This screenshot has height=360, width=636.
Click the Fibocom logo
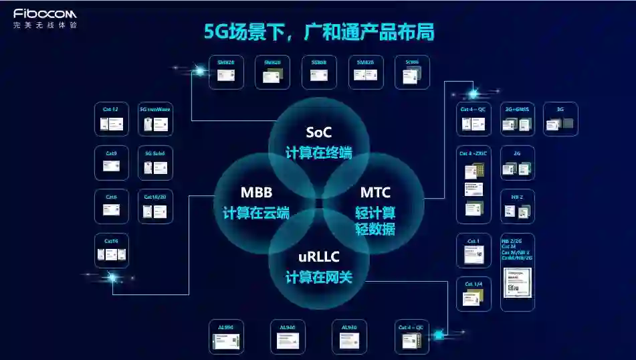click(x=45, y=14)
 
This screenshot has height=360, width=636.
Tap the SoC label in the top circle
click(x=318, y=132)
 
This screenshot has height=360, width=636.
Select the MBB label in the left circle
click(x=256, y=193)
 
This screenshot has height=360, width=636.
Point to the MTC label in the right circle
click(x=375, y=193)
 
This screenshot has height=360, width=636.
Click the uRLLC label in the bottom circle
click(x=318, y=257)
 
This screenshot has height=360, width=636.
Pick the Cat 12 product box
click(x=111, y=119)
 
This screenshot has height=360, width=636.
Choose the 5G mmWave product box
click(x=155, y=119)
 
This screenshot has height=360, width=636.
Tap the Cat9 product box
click(x=111, y=163)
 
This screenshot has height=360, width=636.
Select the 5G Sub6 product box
click(x=155, y=163)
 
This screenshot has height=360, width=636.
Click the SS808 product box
click(x=319, y=72)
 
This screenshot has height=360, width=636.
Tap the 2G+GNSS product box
click(x=518, y=119)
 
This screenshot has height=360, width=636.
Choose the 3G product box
click(x=560, y=119)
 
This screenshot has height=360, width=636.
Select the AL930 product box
click(x=349, y=337)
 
